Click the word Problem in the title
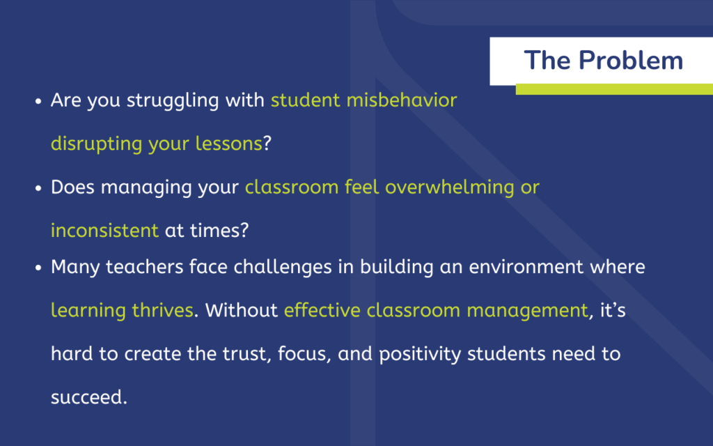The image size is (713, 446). tap(631, 60)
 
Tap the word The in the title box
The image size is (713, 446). tap(547, 60)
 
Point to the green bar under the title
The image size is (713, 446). tap(614, 89)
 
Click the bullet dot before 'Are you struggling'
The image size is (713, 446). tap(38, 102)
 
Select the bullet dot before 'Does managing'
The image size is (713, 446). tap(38, 188)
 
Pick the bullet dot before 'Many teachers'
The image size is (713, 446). tap(38, 268)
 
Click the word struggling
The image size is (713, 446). tap(173, 101)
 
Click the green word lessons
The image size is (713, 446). tap(228, 144)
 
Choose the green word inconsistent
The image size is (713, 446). tap(104, 230)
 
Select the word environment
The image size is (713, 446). tap(526, 267)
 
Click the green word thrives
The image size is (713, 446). tap(163, 310)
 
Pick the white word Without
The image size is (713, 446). tap(242, 310)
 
